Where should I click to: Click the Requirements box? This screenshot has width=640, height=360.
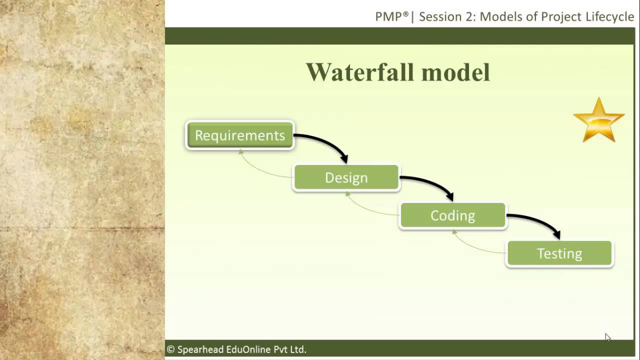(240, 135)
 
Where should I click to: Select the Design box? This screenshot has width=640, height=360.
(346, 178)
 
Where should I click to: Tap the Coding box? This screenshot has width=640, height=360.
(452, 215)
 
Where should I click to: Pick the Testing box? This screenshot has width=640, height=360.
(559, 253)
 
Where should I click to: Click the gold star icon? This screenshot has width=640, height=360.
(598, 120)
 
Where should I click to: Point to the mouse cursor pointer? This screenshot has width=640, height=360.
(607, 337)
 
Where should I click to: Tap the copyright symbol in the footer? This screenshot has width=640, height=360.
(170, 349)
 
